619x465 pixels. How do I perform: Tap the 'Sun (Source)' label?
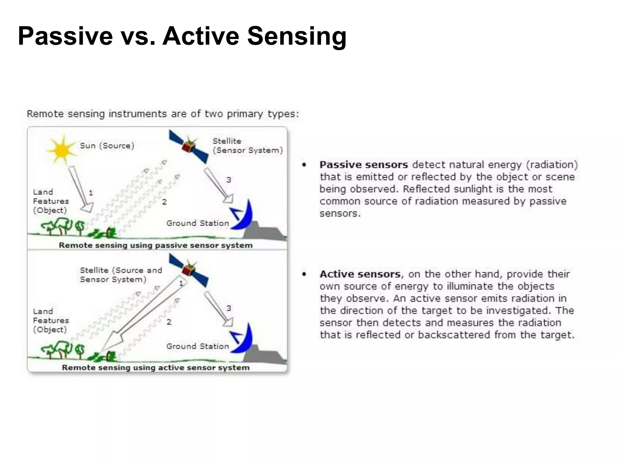pos(107,146)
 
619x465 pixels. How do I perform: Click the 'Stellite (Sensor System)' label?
pos(247,146)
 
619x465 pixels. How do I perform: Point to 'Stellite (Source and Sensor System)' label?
pos(121,275)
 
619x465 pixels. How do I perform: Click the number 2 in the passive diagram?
pos(164,202)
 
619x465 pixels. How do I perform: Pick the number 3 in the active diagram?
pos(229,308)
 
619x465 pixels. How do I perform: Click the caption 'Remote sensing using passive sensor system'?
pos(156,245)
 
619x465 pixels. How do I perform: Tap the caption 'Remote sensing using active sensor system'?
pos(156,368)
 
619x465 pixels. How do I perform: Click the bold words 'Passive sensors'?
pos(364,165)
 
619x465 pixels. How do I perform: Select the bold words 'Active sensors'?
pos(360,274)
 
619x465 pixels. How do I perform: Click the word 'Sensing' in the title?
pos(297,36)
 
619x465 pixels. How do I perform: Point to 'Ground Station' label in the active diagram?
pos(198,346)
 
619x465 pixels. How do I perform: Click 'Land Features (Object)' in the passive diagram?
pos(51,201)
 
